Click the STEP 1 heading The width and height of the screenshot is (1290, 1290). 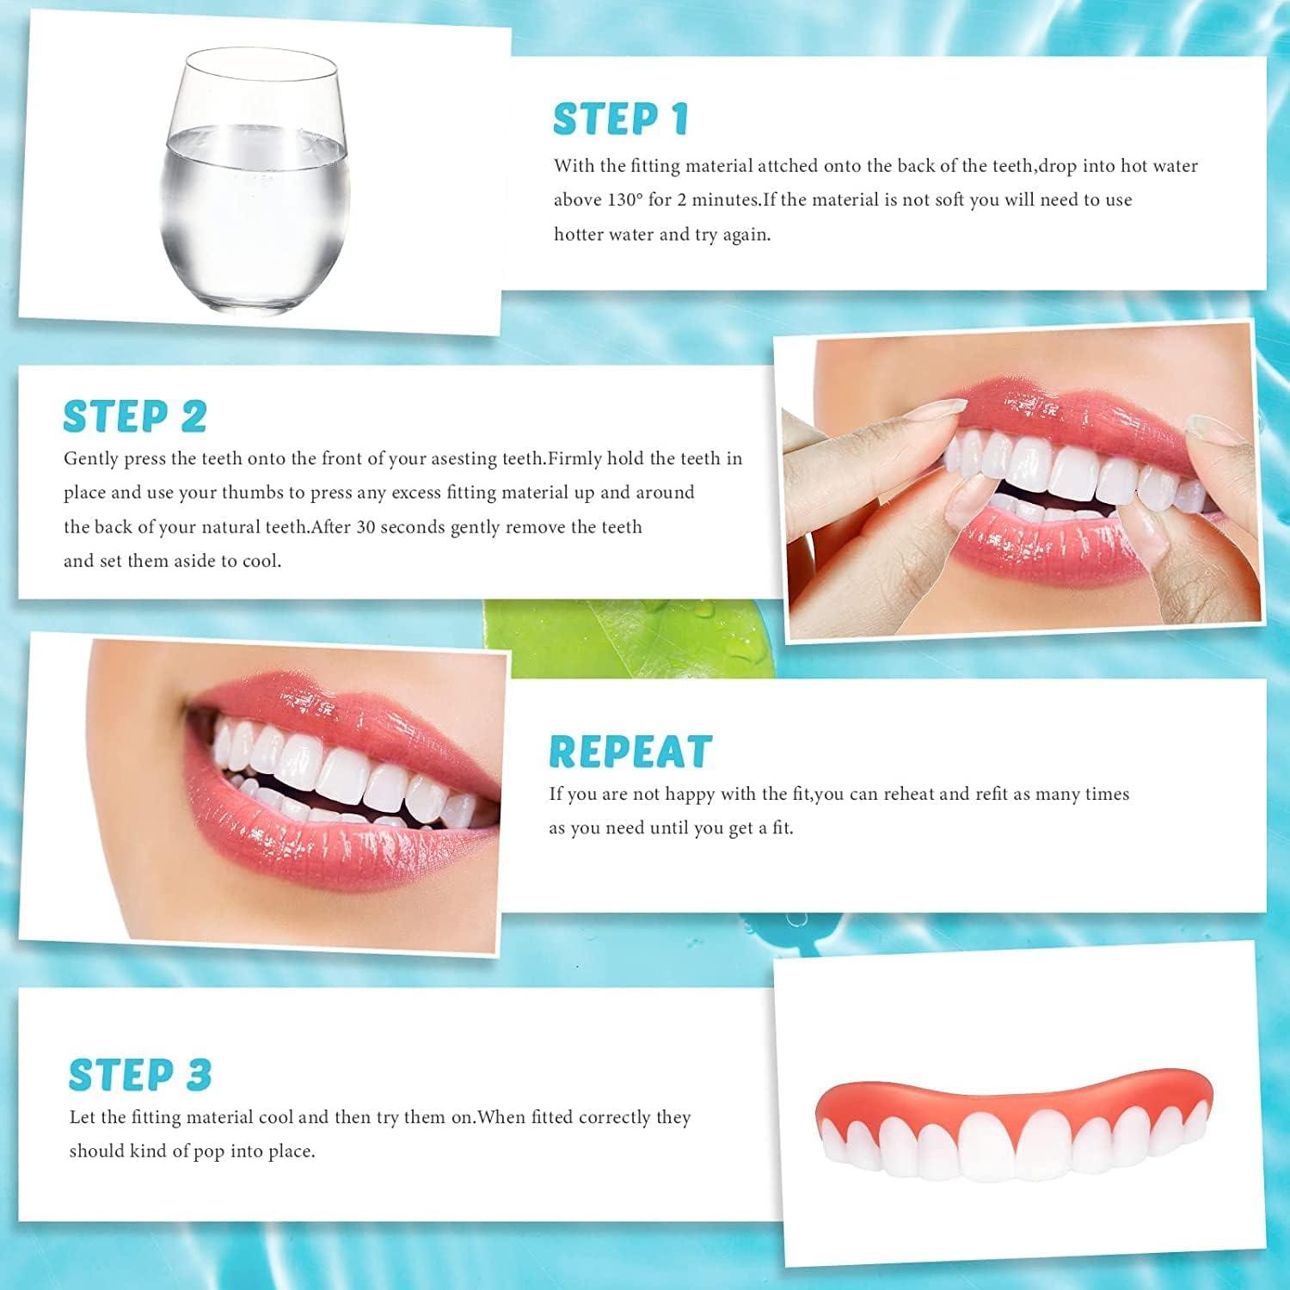coord(620,119)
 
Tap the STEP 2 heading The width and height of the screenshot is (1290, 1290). coord(135,417)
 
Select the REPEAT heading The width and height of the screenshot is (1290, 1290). coord(630,752)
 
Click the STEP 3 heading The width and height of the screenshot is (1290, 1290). coord(140,1075)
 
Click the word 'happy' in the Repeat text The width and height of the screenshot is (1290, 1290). coord(687,794)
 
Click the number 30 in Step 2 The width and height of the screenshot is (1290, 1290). coord(365,527)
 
